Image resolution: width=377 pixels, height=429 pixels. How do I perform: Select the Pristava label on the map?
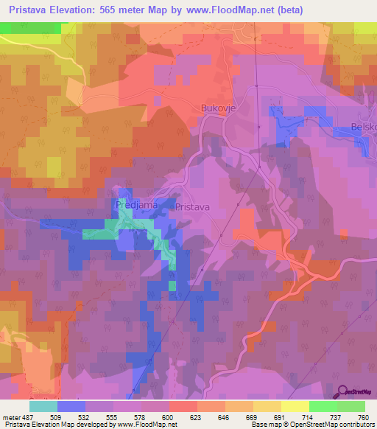(193, 208)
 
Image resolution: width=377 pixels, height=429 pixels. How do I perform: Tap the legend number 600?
(168, 416)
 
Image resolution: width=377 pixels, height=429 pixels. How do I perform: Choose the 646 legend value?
(225, 416)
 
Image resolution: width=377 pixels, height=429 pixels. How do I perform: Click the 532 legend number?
(85, 416)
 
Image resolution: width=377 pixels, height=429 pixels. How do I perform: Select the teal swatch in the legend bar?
(43, 406)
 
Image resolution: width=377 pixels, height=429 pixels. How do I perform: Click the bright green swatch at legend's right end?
(350, 406)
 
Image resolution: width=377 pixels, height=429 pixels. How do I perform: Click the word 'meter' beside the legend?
(12, 416)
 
